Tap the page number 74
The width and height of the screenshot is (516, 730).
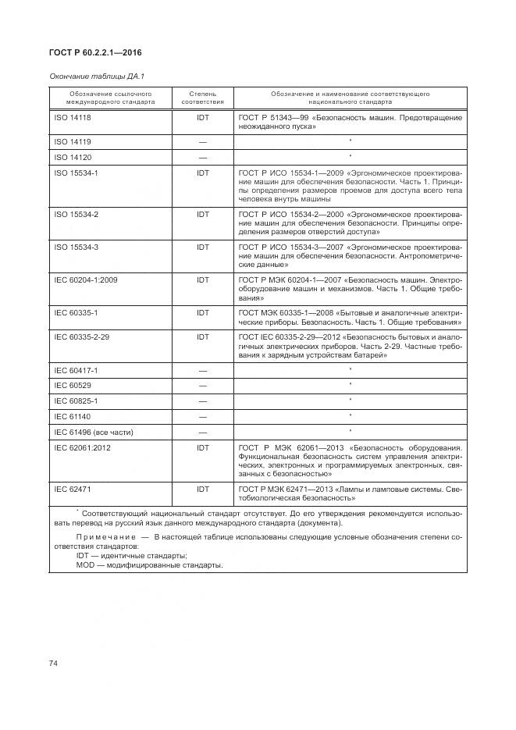(x=54, y=663)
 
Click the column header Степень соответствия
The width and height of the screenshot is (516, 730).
(x=202, y=98)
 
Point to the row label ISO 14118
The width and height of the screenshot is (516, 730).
(x=73, y=117)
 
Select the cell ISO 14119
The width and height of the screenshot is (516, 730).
(x=73, y=141)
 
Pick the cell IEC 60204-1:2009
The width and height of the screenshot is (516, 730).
(x=85, y=280)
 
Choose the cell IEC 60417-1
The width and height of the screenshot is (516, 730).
(x=77, y=370)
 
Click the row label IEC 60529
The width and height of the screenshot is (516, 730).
(x=72, y=385)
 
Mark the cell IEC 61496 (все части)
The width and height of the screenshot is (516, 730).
(x=94, y=431)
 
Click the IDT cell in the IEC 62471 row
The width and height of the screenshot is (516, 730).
(x=202, y=489)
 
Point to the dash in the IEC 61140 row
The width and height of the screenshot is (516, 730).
(x=202, y=416)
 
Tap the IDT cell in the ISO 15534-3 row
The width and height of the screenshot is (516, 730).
(x=202, y=247)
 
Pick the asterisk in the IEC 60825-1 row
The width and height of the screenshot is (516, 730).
(x=351, y=400)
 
